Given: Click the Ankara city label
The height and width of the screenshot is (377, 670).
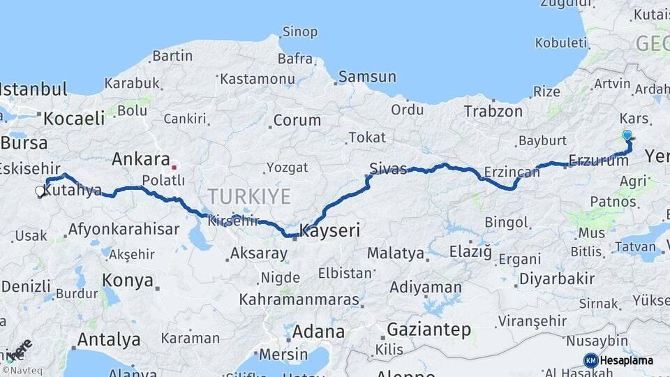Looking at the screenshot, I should [x=141, y=158].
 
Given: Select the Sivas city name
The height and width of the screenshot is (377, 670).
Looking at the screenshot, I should [x=388, y=168].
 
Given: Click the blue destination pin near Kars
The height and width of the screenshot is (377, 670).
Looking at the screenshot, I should [x=627, y=136].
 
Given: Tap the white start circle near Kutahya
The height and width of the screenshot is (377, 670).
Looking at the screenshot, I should [x=40, y=190].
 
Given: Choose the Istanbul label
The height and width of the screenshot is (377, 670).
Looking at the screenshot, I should [x=33, y=89].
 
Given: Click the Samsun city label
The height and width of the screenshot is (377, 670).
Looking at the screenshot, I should [x=366, y=77].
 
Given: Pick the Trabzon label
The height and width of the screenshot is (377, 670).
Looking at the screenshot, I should [x=493, y=111].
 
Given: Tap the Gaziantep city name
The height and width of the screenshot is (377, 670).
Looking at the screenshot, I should [x=429, y=330].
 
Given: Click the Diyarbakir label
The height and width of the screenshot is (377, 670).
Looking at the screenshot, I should [x=556, y=279].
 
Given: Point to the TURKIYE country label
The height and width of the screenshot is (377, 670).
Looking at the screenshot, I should [x=248, y=196].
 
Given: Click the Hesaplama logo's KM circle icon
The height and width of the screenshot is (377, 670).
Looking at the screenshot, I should [x=590, y=360].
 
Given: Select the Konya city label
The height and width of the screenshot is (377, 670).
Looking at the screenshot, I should [x=128, y=281].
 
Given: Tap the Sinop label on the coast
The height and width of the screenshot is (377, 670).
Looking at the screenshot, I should [x=299, y=31].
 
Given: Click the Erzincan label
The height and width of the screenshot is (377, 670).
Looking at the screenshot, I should [x=513, y=172].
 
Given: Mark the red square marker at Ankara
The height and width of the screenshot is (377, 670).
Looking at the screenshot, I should [x=174, y=168].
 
